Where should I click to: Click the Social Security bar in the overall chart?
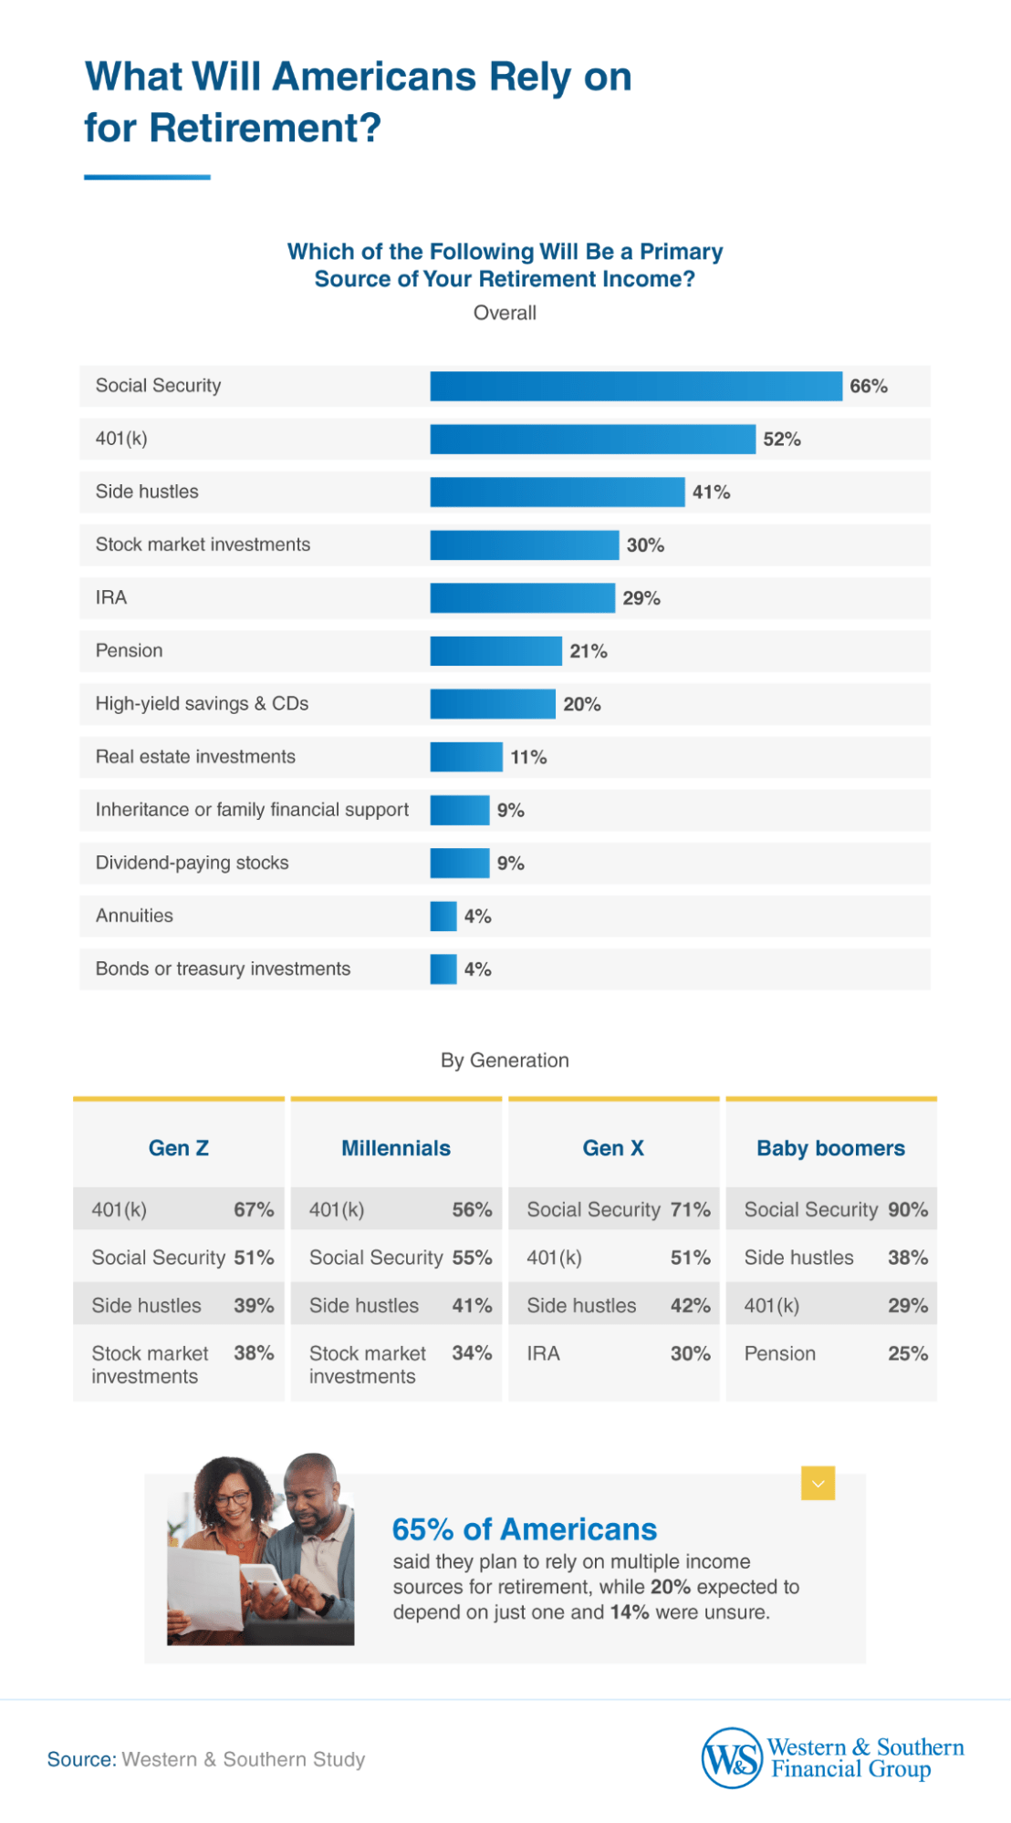(x=636, y=386)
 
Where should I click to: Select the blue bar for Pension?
(x=495, y=651)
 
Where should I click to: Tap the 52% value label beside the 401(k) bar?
(x=782, y=440)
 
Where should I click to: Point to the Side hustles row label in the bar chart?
(x=147, y=492)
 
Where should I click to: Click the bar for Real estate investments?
(x=466, y=757)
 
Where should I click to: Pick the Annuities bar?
(x=443, y=916)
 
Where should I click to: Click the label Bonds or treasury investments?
(x=223, y=968)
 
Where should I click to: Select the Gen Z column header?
(x=179, y=1148)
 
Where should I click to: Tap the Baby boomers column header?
(x=830, y=1148)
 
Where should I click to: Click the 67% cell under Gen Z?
(x=254, y=1210)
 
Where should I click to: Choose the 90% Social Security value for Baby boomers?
(x=908, y=1210)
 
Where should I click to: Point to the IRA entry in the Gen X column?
(x=544, y=1353)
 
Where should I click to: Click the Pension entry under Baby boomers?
(x=780, y=1353)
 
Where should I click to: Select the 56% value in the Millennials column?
(x=472, y=1210)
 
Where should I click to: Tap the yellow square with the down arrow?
(x=818, y=1484)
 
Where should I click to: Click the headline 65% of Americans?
(x=525, y=1529)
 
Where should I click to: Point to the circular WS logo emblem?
(x=732, y=1758)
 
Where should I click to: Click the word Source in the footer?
(x=81, y=1759)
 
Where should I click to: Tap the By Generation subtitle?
(x=505, y=1061)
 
